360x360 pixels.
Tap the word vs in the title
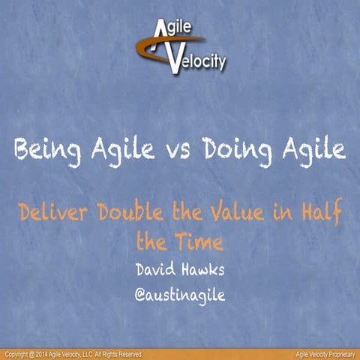click(x=179, y=151)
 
